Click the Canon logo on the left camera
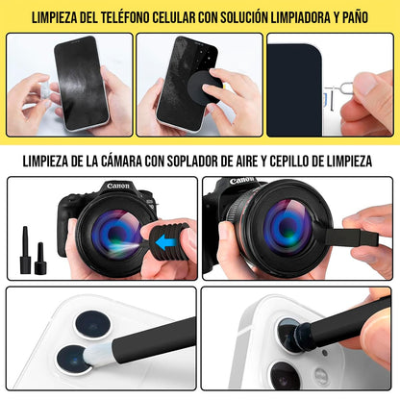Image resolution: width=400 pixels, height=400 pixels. pos(90,187)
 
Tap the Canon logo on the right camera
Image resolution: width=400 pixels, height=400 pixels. pos(244,182)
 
